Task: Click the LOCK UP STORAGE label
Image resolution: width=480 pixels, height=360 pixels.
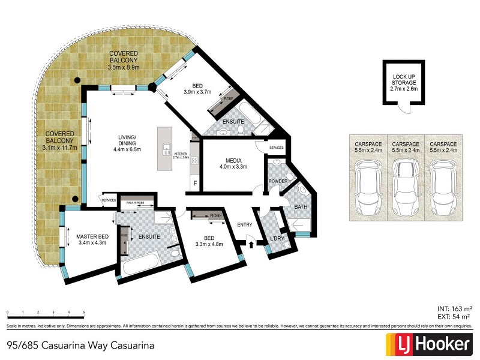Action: point(403,80)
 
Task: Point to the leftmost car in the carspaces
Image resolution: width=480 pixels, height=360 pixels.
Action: point(368,187)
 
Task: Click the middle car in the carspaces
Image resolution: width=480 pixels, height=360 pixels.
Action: point(405,187)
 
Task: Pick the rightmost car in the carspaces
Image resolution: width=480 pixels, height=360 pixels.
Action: point(442,187)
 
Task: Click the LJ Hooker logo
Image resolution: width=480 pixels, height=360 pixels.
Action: point(427,344)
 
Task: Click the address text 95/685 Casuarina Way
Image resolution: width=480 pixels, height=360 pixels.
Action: point(80,346)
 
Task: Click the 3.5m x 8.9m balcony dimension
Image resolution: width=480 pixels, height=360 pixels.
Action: point(124,68)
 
